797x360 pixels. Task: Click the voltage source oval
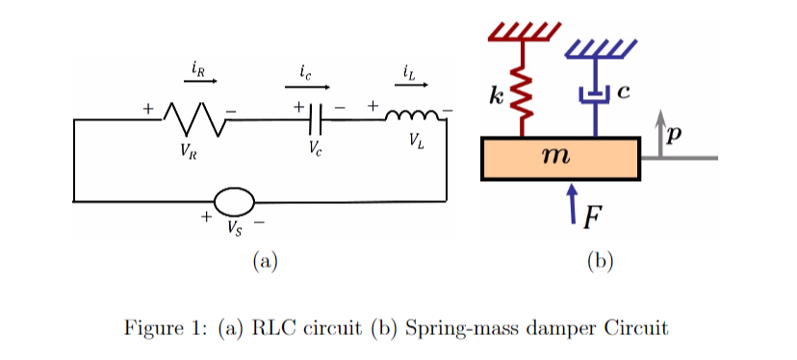234,202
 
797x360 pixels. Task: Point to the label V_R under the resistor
188,149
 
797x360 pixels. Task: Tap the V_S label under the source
235,228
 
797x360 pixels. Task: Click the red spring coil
524,96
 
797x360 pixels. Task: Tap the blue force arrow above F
573,199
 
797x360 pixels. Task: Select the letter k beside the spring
496,96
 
